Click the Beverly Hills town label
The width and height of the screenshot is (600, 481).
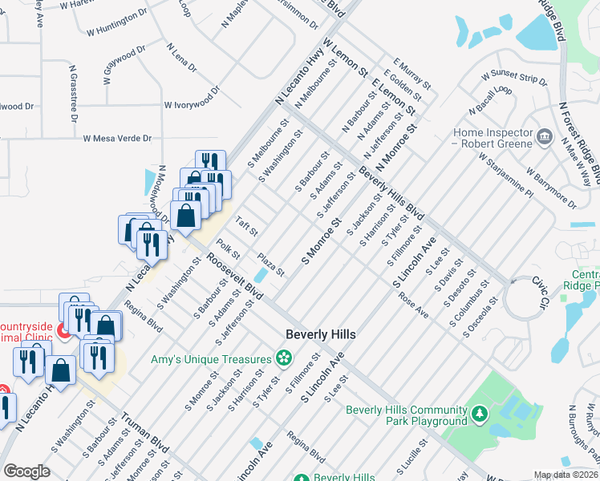coord(322,333)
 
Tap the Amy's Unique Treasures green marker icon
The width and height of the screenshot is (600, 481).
coord(282,358)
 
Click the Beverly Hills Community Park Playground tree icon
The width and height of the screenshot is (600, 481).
coord(479,414)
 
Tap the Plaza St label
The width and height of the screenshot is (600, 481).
coord(270,265)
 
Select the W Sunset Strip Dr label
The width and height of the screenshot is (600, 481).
coord(513,77)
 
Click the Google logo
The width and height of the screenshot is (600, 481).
coord(26,471)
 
